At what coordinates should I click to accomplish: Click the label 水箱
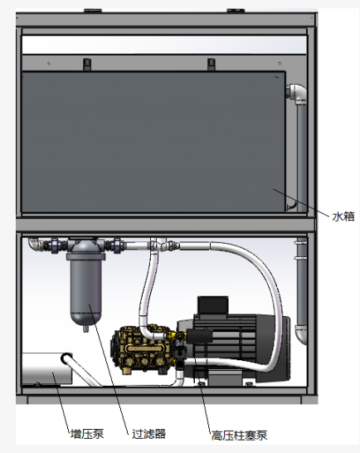343,217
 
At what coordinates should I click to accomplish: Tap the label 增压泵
87,434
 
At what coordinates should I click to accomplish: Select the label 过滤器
148,434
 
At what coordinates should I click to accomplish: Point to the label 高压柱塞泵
239,436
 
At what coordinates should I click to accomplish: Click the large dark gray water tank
153,142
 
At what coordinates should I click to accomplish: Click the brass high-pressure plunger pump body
143,350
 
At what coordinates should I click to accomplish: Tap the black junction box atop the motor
212,305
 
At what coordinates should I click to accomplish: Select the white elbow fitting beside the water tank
297,93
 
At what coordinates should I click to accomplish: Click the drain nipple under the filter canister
85,329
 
